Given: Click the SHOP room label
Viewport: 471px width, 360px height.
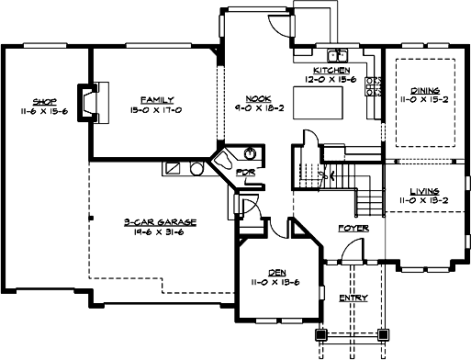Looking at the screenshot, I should [45, 101].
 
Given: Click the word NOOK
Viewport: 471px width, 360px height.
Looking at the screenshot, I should [258, 99].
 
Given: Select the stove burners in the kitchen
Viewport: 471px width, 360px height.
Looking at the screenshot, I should [374, 86].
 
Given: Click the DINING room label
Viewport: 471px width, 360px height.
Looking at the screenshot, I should [425, 90].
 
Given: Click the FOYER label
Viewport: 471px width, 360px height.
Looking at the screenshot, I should [353, 227].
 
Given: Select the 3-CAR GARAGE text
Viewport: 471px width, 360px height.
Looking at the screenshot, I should [152, 221].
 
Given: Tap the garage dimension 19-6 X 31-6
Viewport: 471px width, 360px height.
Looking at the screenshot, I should [152, 231].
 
